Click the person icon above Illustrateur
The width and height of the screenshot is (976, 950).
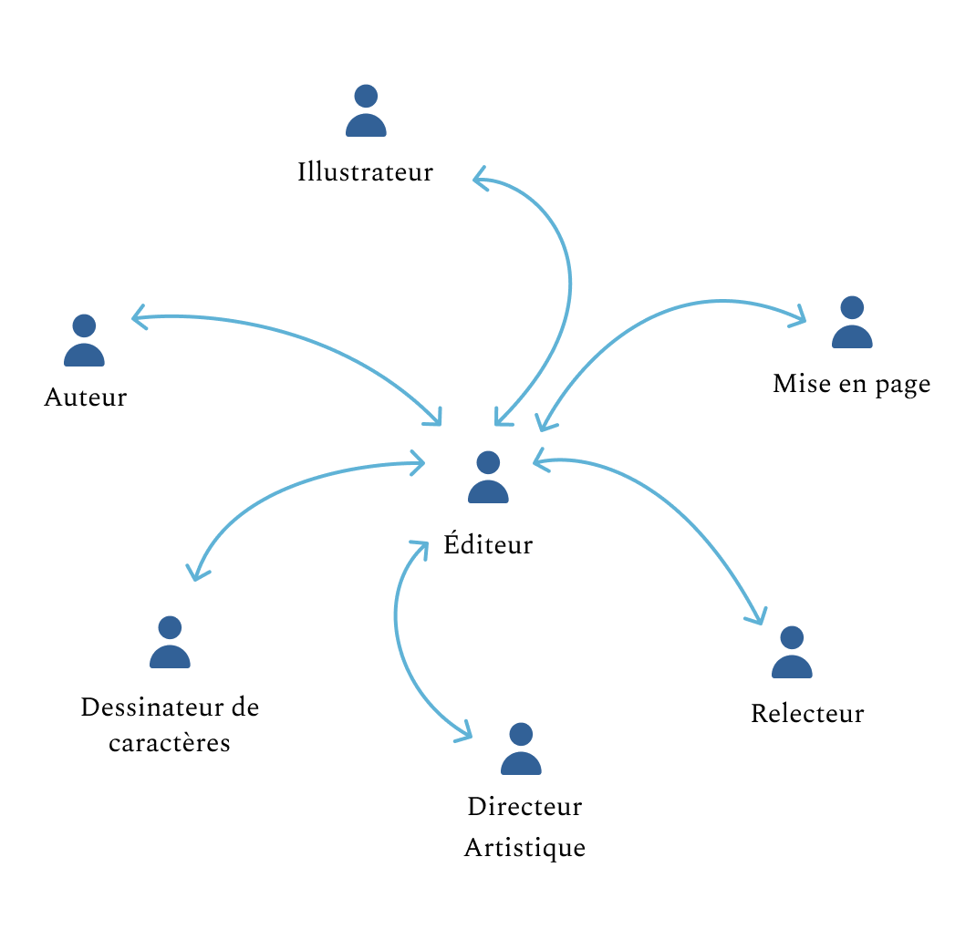(366, 111)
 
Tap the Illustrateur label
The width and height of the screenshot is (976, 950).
(365, 171)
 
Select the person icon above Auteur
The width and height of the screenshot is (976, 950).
(84, 341)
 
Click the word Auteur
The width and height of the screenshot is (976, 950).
(85, 398)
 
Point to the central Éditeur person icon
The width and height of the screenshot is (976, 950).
(488, 478)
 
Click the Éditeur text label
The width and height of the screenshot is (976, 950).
(488, 545)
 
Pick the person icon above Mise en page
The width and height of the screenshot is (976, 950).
(852, 323)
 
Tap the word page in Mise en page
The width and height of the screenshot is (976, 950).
(902, 384)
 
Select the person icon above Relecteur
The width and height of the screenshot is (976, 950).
(792, 653)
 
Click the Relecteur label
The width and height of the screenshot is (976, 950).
(807, 713)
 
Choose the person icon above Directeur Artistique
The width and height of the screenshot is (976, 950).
(521, 749)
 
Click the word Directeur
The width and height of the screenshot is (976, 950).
(524, 807)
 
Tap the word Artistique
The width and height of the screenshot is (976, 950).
(524, 848)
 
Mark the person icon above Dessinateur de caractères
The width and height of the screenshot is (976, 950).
(170, 643)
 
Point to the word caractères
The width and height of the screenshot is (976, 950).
(170, 743)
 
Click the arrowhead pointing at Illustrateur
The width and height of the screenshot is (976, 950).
(477, 180)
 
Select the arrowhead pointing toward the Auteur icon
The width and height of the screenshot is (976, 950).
(137, 318)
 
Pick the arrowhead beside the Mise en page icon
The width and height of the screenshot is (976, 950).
(801, 318)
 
